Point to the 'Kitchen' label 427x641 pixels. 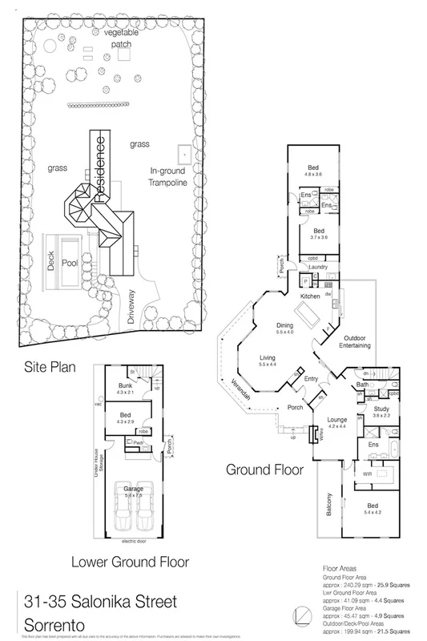pyautogui.click(x=288, y=296)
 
